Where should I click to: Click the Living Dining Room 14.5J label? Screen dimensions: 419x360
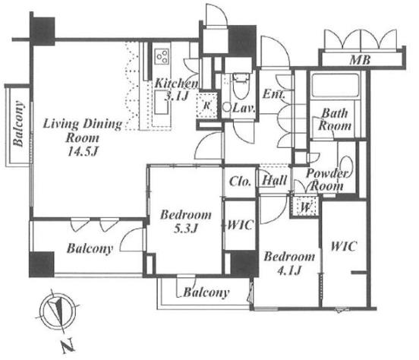click(x=83, y=137)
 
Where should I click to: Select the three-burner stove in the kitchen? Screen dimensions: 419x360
click(x=162, y=56)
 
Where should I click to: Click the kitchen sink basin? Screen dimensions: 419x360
click(x=162, y=103)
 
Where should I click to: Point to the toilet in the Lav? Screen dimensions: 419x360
click(x=241, y=85)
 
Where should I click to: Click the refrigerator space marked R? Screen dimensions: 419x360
click(x=206, y=106)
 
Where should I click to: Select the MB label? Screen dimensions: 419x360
click(x=360, y=60)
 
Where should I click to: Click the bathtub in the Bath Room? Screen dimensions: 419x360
click(x=336, y=85)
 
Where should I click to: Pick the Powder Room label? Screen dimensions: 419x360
click(x=327, y=179)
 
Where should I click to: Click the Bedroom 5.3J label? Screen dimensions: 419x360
click(x=185, y=222)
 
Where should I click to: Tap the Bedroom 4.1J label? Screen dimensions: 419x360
click(x=289, y=264)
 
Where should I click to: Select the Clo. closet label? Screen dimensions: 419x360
click(x=240, y=182)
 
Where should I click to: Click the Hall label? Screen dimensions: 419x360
click(x=275, y=180)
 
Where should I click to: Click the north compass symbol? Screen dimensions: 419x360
click(x=58, y=311)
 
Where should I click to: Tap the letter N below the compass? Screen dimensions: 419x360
click(x=67, y=346)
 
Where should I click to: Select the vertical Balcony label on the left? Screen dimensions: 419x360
click(x=18, y=124)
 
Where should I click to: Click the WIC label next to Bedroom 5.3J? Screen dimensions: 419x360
click(x=240, y=225)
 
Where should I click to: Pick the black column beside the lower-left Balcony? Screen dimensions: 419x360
click(x=42, y=264)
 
